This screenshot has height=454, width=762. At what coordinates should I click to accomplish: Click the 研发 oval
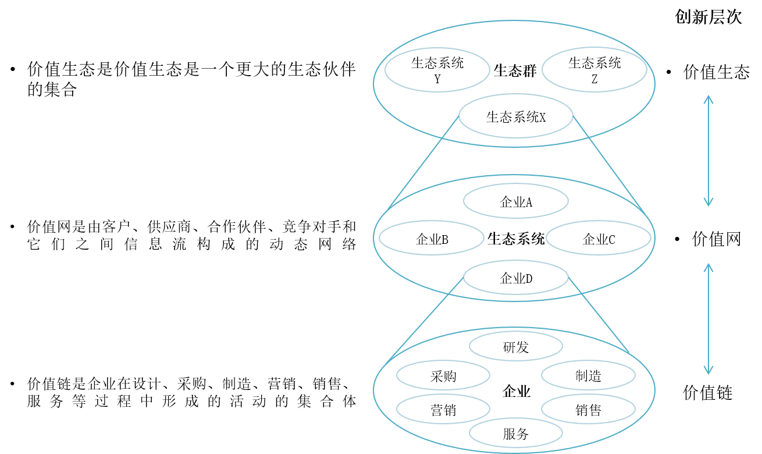[x=515, y=347]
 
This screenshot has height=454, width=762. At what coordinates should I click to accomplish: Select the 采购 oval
[x=443, y=376]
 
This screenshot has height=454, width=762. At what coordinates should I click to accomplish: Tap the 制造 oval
[x=588, y=376]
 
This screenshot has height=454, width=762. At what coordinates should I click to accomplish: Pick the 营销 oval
[x=443, y=410]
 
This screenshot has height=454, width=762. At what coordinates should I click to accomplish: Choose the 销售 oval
[x=588, y=410]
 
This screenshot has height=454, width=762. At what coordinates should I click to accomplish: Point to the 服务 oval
[x=515, y=434]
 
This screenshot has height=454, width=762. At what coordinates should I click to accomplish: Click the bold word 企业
[x=516, y=391]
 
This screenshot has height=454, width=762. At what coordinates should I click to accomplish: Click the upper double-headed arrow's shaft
[x=708, y=150]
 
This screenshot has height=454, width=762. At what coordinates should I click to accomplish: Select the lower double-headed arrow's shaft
[x=708, y=319]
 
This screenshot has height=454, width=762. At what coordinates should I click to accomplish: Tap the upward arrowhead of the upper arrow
[x=708, y=98]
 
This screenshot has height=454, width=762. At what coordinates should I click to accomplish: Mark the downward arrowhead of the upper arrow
[x=708, y=203]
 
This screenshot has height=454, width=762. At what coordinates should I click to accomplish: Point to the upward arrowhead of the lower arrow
[x=708, y=266]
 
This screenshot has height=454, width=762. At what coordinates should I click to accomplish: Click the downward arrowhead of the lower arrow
[x=708, y=371]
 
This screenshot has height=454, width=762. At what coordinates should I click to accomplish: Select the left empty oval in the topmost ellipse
[x=437, y=70]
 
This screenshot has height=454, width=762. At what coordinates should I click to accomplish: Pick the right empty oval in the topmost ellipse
[x=594, y=70]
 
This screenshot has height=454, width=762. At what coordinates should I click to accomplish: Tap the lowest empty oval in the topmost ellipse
[x=515, y=116]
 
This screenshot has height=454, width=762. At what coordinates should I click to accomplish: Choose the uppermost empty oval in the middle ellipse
[x=515, y=201]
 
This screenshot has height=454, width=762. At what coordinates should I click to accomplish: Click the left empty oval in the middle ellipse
[x=431, y=237]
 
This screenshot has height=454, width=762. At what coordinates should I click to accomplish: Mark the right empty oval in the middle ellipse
[x=598, y=237]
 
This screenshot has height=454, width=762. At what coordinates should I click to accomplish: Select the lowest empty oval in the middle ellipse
[x=515, y=277]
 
